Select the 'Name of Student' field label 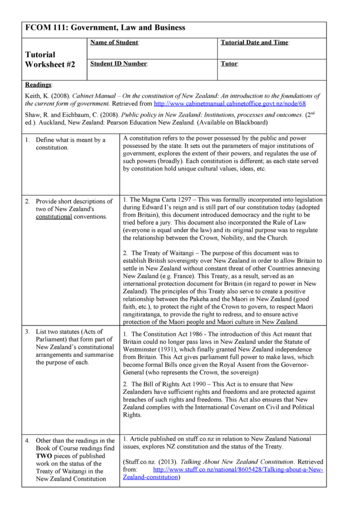[x=114, y=43]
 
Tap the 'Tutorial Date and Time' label [x=254, y=43]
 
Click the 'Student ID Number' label [x=118, y=64]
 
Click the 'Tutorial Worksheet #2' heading [x=50, y=59]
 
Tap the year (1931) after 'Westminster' [x=174, y=349]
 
